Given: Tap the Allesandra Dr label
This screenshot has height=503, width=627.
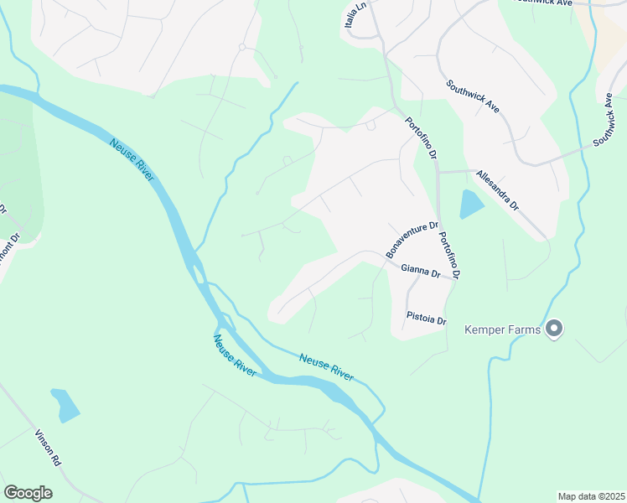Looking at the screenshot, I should coord(498,189).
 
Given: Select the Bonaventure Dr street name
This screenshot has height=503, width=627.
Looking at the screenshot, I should coord(412,240).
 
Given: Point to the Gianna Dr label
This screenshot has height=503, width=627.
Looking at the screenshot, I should coord(420,271).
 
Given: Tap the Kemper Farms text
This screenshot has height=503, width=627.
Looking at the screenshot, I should coord(503,330).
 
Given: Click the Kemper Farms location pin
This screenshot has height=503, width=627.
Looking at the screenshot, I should coord(553,329).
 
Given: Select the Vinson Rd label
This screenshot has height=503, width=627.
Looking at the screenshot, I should coord(48,449).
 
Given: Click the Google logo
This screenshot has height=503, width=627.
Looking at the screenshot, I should coord(28,493).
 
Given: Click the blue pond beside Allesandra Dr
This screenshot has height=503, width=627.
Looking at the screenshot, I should coord(471,204).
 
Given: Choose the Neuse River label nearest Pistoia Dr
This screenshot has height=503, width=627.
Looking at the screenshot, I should coord(327,366).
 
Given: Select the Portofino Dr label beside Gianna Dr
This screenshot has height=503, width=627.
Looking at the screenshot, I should coord(450,255).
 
